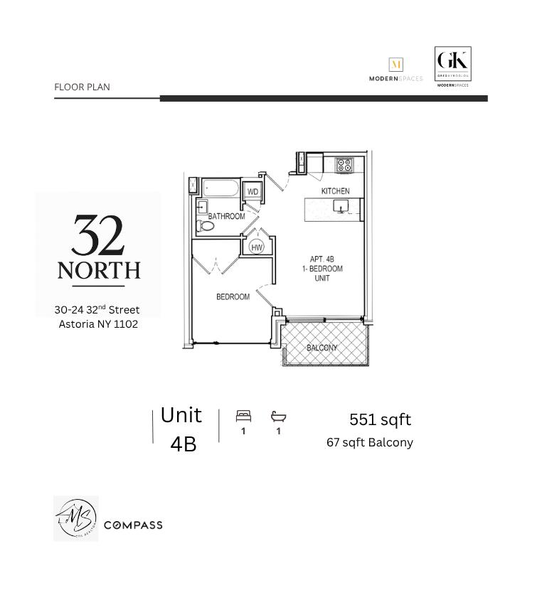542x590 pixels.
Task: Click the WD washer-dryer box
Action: [x=253, y=192]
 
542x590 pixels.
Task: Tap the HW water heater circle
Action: [x=257, y=247]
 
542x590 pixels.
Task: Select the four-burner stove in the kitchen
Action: [x=344, y=165]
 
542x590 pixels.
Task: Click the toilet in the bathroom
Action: [x=206, y=226]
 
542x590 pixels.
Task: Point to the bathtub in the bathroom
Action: [x=222, y=189]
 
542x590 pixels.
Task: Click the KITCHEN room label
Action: [x=335, y=191]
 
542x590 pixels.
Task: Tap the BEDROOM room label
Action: [x=233, y=296]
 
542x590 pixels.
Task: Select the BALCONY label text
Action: [x=322, y=348]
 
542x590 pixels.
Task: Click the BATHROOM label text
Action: [x=226, y=216]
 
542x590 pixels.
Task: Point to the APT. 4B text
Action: [x=322, y=259]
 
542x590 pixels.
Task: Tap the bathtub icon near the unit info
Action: [x=278, y=417]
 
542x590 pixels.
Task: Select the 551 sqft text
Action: [x=380, y=419]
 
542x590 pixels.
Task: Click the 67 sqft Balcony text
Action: [x=369, y=442]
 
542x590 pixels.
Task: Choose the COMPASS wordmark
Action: [x=133, y=525]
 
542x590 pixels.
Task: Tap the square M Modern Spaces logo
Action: [x=396, y=65]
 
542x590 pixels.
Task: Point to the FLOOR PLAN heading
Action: [x=82, y=87]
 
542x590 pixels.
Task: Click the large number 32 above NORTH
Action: [x=98, y=236]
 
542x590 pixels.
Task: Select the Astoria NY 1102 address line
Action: [x=98, y=324]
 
